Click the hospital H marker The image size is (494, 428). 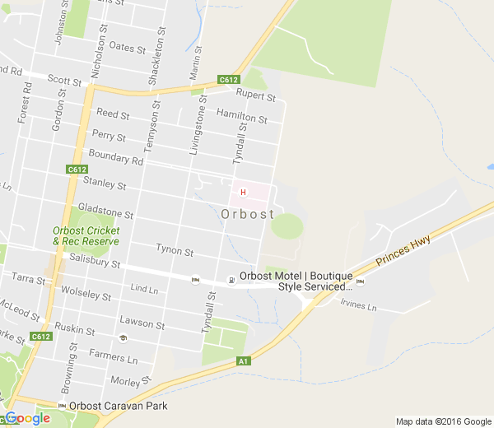243,193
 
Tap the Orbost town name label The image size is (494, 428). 248,214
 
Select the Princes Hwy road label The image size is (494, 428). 404,248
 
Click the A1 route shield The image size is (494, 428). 243,361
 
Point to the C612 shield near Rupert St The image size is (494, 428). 228,80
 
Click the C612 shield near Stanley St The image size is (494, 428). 76,170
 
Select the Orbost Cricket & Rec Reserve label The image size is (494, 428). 86,235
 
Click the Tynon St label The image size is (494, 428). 175,250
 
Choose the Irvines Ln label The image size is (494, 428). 358,305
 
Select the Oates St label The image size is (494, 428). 127,48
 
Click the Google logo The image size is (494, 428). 27,418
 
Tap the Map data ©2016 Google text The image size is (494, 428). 442,421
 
